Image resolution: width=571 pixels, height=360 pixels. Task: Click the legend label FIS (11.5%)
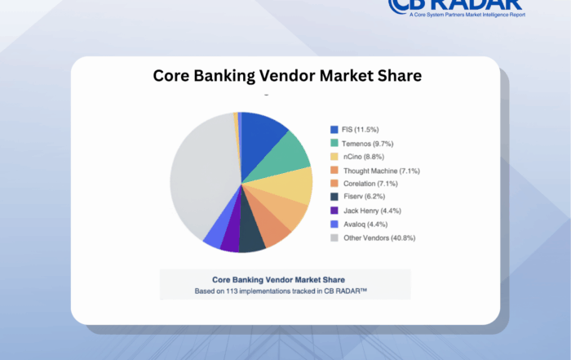click(360, 130)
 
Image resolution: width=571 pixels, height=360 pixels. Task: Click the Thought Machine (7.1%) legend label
click(382, 170)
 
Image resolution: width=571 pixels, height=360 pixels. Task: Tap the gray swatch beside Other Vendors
click(334, 238)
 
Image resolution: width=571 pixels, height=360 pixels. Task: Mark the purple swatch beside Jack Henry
click(334, 211)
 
